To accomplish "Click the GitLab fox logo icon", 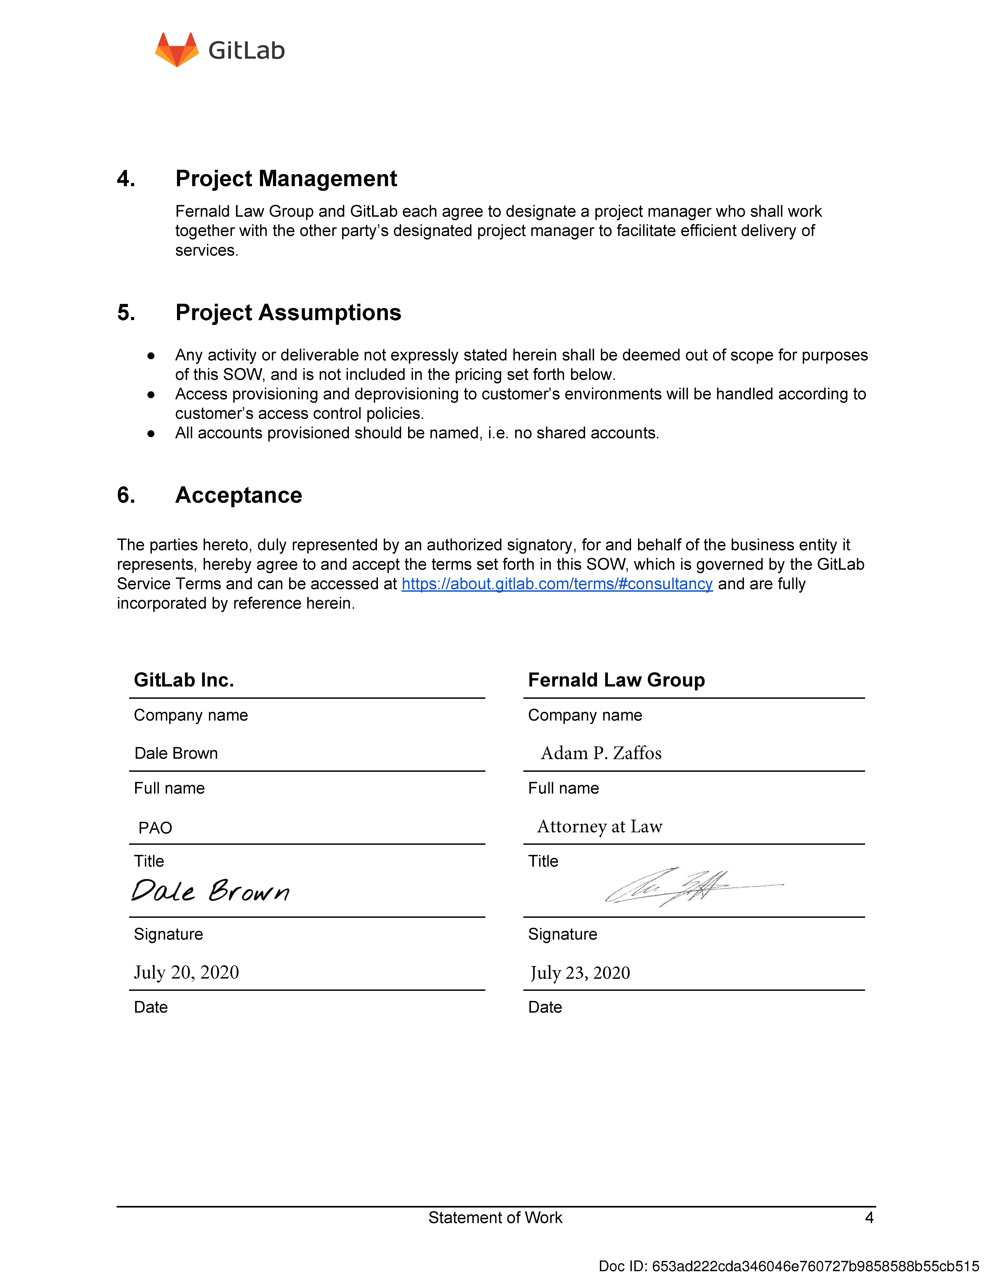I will click(176, 50).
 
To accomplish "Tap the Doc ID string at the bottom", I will click(788, 1266).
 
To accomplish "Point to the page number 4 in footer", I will click(869, 1217).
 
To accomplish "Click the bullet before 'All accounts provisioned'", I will click(151, 434).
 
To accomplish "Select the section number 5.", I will click(126, 312).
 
